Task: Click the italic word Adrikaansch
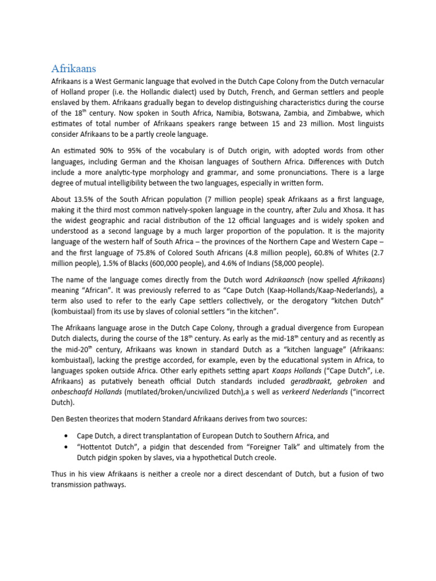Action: [x=289, y=280]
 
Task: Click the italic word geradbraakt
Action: [x=305, y=380]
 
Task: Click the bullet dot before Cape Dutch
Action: [x=68, y=435]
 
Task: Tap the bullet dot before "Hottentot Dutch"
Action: [x=68, y=447]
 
